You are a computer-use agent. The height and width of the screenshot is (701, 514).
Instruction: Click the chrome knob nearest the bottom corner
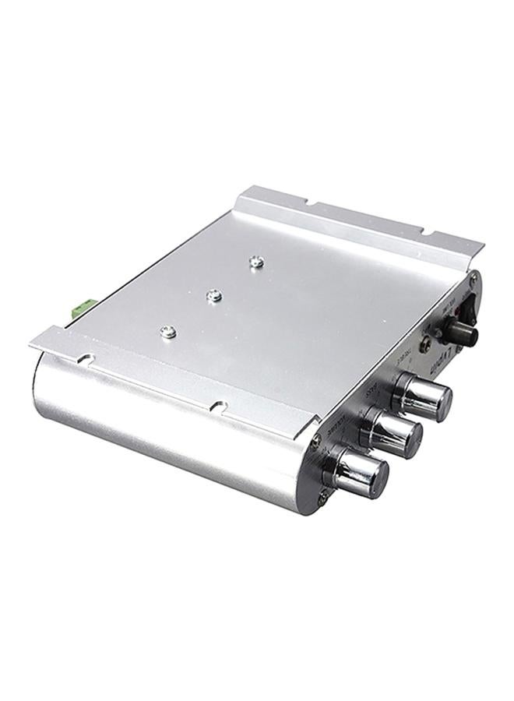(359, 474)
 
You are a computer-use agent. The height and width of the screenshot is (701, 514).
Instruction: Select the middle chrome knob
(393, 433)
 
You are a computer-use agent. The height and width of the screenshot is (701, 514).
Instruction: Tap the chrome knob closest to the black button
(424, 396)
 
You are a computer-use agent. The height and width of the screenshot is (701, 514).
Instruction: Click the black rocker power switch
(470, 311)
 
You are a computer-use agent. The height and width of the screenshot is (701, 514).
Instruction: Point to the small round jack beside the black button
(426, 343)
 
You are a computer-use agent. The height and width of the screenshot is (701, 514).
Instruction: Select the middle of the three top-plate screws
(216, 295)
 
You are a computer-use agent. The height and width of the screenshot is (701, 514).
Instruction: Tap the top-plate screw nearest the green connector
(167, 332)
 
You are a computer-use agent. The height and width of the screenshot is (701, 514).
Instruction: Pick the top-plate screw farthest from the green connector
(256, 262)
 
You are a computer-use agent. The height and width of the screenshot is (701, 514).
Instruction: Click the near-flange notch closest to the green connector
(86, 360)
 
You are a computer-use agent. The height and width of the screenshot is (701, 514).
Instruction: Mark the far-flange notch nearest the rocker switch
(424, 231)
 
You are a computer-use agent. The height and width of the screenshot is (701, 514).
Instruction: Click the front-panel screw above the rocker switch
(474, 277)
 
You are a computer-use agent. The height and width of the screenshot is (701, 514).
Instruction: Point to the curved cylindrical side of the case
(156, 421)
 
